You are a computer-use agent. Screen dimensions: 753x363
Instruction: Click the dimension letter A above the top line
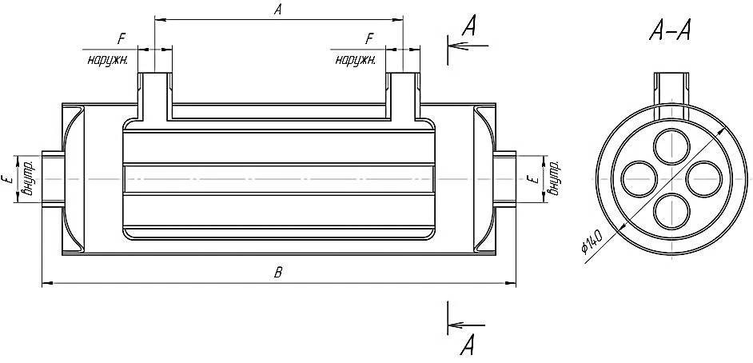[x=277, y=10]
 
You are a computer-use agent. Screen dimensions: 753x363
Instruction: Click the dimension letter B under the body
[x=277, y=273]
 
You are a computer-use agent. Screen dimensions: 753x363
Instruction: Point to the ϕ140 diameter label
[x=592, y=241]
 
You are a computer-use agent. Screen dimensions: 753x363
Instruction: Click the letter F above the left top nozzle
[x=121, y=39]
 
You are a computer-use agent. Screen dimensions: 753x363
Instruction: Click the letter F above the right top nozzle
[x=369, y=39]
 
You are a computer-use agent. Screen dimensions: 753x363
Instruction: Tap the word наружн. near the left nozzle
[x=107, y=61]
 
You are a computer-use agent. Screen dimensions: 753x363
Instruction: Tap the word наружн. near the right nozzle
[x=356, y=61]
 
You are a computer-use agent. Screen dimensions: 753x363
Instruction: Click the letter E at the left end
[x=6, y=180]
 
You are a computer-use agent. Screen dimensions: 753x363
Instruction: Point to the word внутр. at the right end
[x=555, y=178]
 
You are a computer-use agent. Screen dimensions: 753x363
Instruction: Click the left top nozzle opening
[x=154, y=74]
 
